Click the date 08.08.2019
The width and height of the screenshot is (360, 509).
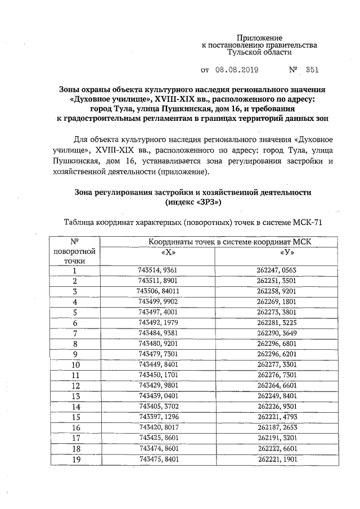(237, 71)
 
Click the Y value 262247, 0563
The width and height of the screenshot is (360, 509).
(276, 270)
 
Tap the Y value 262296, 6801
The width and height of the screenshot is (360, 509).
(276, 343)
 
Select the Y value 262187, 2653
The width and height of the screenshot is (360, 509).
(276, 427)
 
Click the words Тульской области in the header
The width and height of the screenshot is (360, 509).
(259, 52)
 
